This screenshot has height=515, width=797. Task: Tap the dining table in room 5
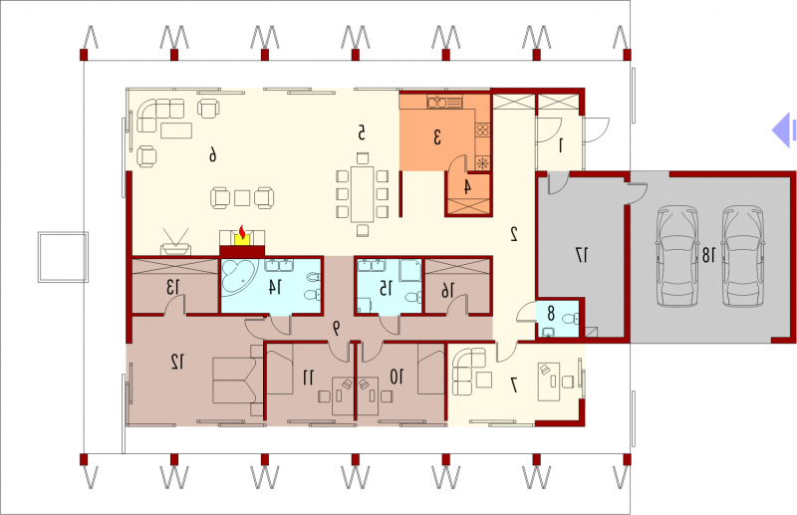pyautogui.click(x=363, y=193)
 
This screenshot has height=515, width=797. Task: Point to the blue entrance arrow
pyautogui.click(x=783, y=130)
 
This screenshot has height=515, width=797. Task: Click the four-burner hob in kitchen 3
pyautogui.click(x=482, y=129)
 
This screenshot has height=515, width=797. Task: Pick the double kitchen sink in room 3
pyautogui.click(x=437, y=103)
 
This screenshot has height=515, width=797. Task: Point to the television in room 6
pyautogui.click(x=176, y=242)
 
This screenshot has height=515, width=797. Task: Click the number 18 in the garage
pyautogui.click(x=708, y=255)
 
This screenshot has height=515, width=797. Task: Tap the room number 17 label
pyautogui.click(x=582, y=255)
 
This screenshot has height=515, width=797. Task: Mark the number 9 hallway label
pyautogui.click(x=336, y=329)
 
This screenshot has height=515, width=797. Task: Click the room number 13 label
pyautogui.click(x=172, y=288)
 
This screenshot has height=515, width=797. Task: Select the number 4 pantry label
pyautogui.click(x=467, y=186)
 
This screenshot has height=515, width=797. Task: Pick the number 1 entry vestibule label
pyautogui.click(x=561, y=146)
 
